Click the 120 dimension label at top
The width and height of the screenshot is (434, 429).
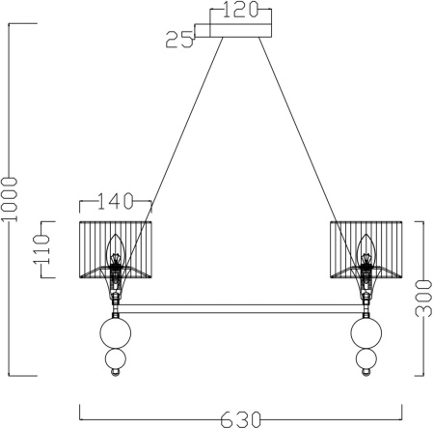click(240, 13)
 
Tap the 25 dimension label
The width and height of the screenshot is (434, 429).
click(177, 41)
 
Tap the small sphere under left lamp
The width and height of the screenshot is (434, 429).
click(116, 364)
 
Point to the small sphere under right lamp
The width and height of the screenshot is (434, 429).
click(366, 364)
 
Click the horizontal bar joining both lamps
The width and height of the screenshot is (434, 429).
click(241, 309)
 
